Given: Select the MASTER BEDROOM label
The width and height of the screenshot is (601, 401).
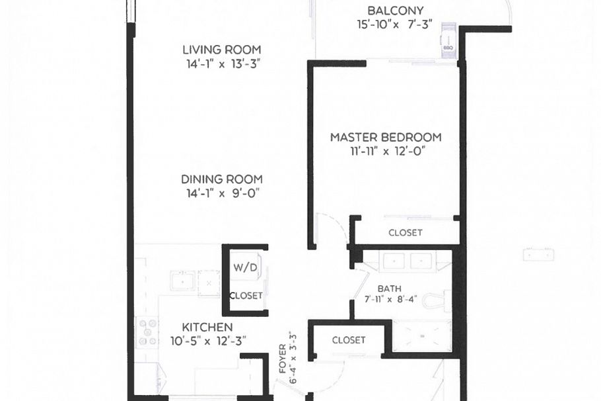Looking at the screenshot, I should pyautogui.click(x=386, y=138).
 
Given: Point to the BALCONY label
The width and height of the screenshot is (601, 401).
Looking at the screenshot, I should pyautogui.click(x=395, y=11).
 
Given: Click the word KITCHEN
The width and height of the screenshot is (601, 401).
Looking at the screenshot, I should pyautogui.click(x=207, y=328).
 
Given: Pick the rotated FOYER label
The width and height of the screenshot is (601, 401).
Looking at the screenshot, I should pyautogui.click(x=283, y=358).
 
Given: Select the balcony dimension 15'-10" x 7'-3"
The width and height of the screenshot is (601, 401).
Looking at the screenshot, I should pyautogui.click(x=395, y=25).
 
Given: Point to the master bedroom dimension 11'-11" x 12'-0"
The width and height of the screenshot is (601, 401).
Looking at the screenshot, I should pyautogui.click(x=386, y=151).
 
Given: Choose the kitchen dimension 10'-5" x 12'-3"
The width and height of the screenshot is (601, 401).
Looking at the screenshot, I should pyautogui.click(x=207, y=341).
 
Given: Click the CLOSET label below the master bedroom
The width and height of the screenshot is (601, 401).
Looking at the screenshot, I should pyautogui.click(x=405, y=233).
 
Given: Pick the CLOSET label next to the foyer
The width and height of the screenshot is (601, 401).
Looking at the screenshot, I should pyautogui.click(x=348, y=340).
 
